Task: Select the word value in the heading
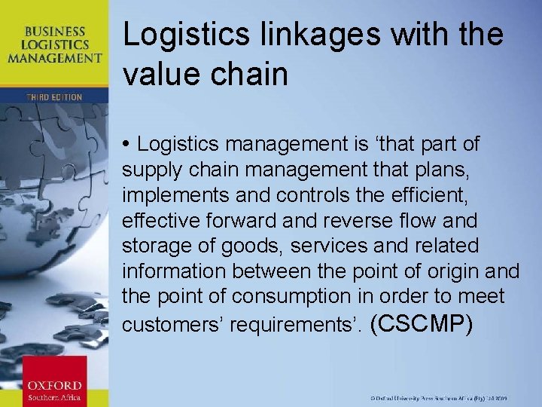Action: pos(160,74)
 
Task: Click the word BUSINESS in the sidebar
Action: pos(55,32)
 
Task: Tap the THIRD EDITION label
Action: pos(53,96)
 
